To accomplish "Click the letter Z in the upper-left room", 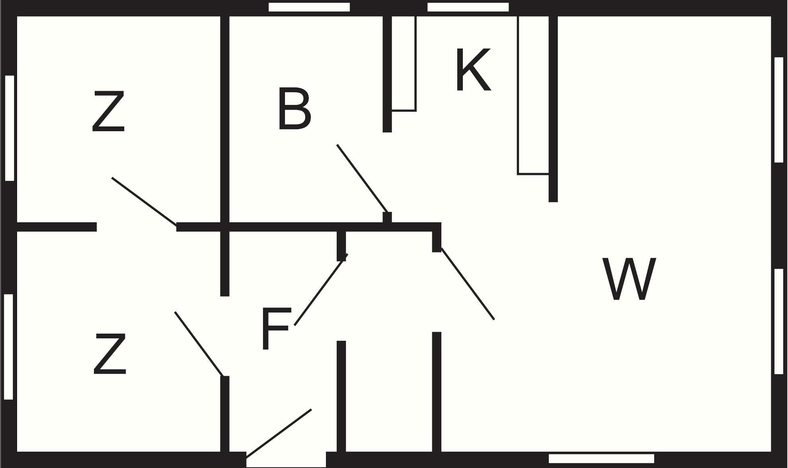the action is click(x=109, y=111).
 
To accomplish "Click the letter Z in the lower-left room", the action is click(x=110, y=354).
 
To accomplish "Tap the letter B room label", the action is click(x=295, y=109).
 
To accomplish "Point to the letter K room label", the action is click(x=473, y=70).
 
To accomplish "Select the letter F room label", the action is click(x=276, y=329).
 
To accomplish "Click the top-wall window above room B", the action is click(x=309, y=7).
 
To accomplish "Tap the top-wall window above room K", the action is click(x=468, y=7).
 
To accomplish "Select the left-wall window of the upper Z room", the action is click(x=10, y=128).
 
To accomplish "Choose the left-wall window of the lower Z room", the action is click(x=8, y=347).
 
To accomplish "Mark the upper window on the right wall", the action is click(x=779, y=110).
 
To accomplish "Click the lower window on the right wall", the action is click(x=779, y=321).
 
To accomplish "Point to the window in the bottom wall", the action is click(x=601, y=458).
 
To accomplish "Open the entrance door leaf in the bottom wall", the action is click(x=279, y=433).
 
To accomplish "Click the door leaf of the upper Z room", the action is click(x=144, y=202).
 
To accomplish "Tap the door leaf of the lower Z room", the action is click(x=199, y=344).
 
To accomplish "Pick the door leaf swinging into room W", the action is click(x=468, y=284).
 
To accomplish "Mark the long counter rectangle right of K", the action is click(x=533, y=95).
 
